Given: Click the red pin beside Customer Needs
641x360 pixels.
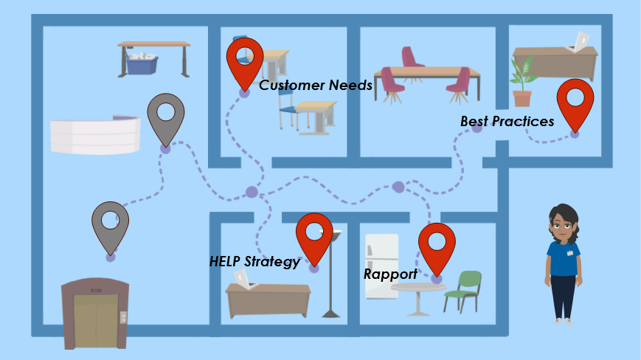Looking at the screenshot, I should [x=245, y=58].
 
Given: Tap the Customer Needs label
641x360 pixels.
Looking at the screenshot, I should [x=315, y=86].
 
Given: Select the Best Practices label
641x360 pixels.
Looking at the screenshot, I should [x=507, y=121].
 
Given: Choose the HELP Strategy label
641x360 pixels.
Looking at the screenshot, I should [x=254, y=261].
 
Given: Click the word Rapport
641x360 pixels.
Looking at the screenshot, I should [x=390, y=274].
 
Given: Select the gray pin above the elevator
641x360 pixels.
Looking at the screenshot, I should [x=111, y=222].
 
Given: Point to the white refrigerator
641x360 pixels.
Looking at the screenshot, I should [x=381, y=266].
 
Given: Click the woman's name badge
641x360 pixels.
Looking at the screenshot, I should [x=570, y=252].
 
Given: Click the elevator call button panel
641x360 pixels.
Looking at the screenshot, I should [x=123, y=316].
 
